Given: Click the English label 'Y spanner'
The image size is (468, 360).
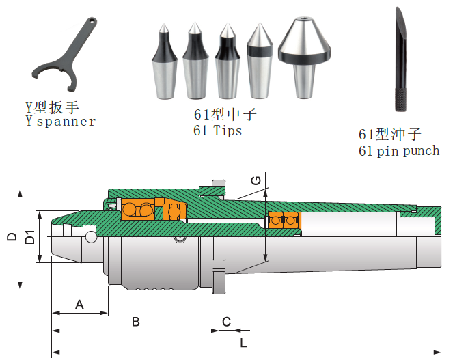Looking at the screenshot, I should tap(60, 122).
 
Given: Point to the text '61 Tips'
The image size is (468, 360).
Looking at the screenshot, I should tap(218, 130).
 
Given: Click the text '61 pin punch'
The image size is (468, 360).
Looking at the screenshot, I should tap(399, 150).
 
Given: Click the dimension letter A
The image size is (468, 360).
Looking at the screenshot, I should tap(79, 305).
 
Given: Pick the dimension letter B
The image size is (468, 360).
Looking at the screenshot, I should tap(135, 321).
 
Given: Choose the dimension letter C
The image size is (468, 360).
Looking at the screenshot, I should tap(226, 321).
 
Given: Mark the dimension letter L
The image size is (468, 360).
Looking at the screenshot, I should tap(243, 343).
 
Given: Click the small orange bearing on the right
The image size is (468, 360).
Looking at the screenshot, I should tap(284, 220).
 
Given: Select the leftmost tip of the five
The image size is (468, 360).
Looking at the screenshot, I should tap(165, 61).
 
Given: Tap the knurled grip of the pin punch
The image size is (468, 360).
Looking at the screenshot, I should tap(400, 96).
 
